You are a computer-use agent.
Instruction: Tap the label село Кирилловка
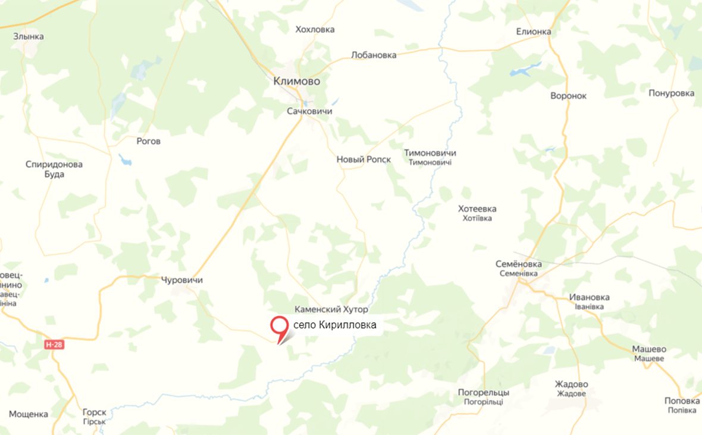tap(335, 325)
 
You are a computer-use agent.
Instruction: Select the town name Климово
tap(296, 81)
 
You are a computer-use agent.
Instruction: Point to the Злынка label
tap(29, 36)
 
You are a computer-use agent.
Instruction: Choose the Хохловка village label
tap(315, 29)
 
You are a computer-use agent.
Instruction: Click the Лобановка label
tap(374, 55)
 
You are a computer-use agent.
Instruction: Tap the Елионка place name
tap(533, 32)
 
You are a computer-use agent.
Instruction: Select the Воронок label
tap(568, 95)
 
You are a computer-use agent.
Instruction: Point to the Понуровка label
tap(672, 93)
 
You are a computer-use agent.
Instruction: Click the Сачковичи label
tap(309, 111)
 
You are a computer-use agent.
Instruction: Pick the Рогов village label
tap(148, 141)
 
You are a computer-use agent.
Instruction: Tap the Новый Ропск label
tap(363, 159)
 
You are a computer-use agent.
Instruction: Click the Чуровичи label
tap(182, 279)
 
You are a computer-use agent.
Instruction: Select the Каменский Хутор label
tap(331, 310)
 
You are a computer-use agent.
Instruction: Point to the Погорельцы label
tap(484, 392)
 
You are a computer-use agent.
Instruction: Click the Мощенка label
tap(29, 414)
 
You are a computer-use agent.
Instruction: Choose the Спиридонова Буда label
tap(54, 169)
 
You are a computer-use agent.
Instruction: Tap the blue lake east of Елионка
tap(522, 71)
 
